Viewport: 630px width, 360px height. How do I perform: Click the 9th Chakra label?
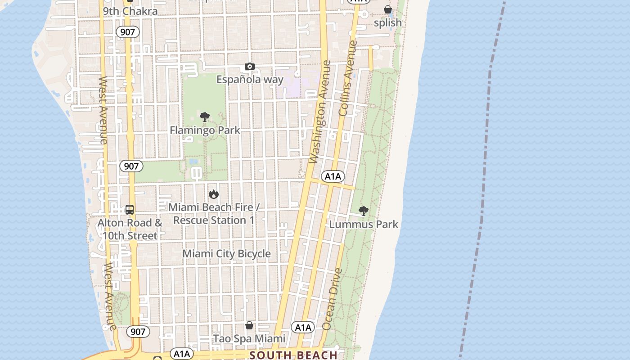(x=130, y=11)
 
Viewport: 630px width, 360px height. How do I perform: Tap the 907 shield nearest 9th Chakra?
(x=128, y=32)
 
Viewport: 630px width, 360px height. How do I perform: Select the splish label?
(x=388, y=22)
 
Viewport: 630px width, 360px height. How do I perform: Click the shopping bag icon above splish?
(x=388, y=9)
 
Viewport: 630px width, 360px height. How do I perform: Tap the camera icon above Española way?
(x=250, y=67)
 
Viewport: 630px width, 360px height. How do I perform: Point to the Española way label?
(x=250, y=80)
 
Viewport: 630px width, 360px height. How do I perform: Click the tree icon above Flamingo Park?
(x=205, y=117)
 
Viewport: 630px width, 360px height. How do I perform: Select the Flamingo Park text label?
(x=205, y=130)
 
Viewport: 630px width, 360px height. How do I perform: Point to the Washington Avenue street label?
(x=320, y=112)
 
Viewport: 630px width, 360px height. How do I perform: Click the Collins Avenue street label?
(x=348, y=79)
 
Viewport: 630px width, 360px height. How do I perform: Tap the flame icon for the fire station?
(x=214, y=194)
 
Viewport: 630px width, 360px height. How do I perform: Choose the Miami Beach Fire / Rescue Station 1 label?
(x=214, y=214)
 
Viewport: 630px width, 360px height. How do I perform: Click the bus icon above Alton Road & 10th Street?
(x=130, y=210)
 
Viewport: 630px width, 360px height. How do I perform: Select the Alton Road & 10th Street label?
(x=130, y=229)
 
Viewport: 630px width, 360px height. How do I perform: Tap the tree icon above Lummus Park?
(x=364, y=211)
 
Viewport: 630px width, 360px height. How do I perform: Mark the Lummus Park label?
(x=364, y=224)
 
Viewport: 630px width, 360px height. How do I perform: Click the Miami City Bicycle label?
(x=226, y=254)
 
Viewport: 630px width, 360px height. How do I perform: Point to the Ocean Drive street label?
(x=332, y=299)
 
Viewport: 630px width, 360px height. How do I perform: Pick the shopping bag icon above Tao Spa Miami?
(x=249, y=325)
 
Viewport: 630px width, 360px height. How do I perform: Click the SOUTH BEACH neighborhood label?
(x=293, y=355)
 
